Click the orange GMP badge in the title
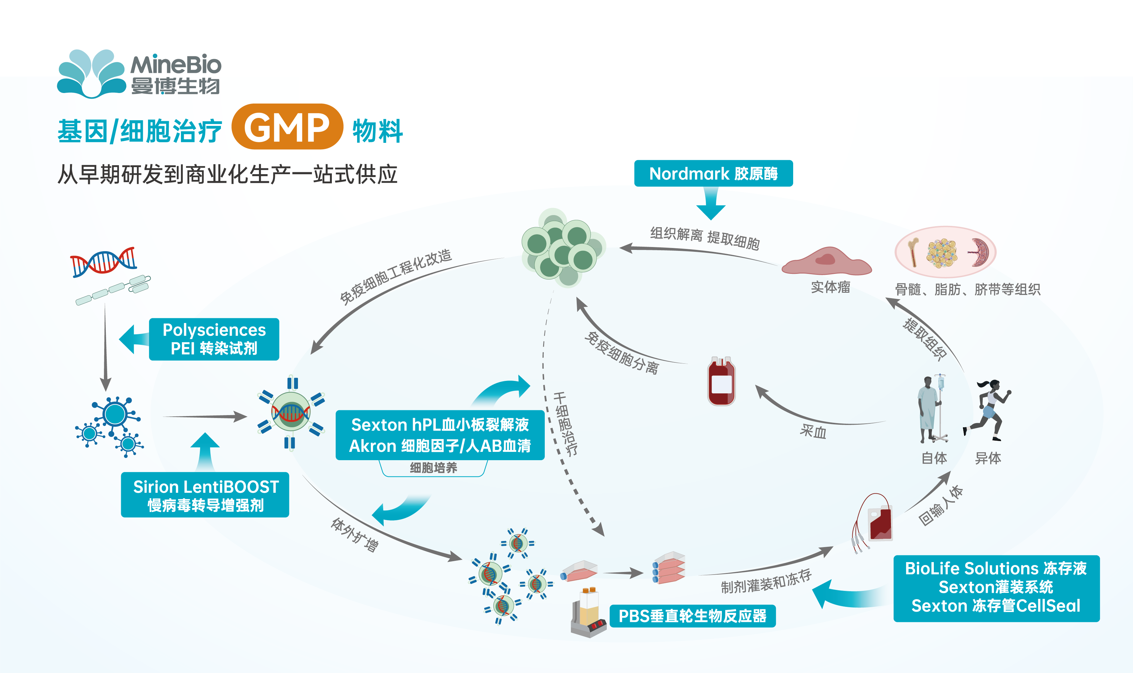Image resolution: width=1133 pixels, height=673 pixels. click(287, 127)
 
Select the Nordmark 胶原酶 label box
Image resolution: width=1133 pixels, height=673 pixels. click(713, 173)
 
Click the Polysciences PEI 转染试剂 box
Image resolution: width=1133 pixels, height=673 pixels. click(214, 339)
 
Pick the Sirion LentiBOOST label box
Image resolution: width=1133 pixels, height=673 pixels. click(205, 495)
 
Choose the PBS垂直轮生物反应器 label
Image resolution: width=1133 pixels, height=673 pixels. click(692, 616)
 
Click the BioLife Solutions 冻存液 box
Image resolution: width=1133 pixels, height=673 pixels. click(996, 588)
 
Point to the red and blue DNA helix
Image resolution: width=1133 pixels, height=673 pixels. click(103, 262)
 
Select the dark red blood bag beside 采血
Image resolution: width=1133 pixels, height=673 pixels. click(721, 381)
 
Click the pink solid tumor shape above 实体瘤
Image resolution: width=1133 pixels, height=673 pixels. click(826, 262)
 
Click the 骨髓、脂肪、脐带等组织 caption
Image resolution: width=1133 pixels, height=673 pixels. click(967, 289)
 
